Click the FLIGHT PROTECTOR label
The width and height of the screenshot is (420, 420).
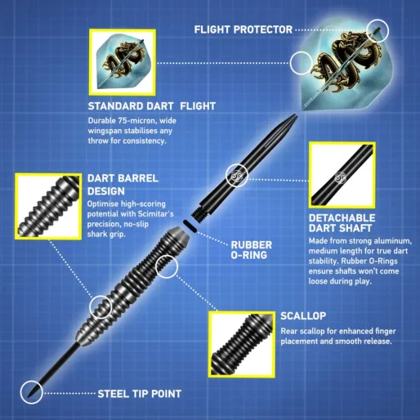(x=243, y=29)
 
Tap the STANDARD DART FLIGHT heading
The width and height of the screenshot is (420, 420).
(x=146, y=105)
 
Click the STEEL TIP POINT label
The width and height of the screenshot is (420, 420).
(x=139, y=394)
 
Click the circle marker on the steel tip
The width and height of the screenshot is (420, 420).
(x=32, y=391)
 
